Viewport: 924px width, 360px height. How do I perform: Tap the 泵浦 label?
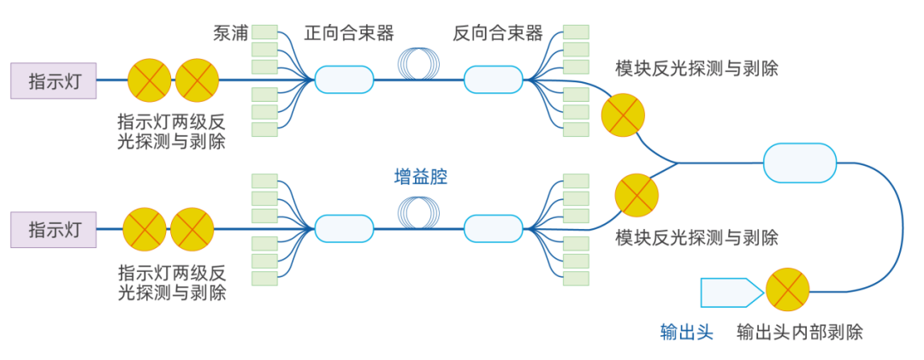(231, 34)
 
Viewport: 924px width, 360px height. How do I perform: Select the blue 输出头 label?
(686, 333)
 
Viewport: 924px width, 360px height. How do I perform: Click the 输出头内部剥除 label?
(800, 333)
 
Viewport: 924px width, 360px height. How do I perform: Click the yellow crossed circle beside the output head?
(787, 291)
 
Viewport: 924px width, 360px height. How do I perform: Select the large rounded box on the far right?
(799, 162)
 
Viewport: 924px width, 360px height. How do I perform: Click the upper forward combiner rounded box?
(344, 80)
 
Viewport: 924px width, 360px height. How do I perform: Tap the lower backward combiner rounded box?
(493, 228)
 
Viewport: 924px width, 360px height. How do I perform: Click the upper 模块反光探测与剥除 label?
(696, 68)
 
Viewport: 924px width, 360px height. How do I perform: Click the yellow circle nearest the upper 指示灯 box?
(150, 80)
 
